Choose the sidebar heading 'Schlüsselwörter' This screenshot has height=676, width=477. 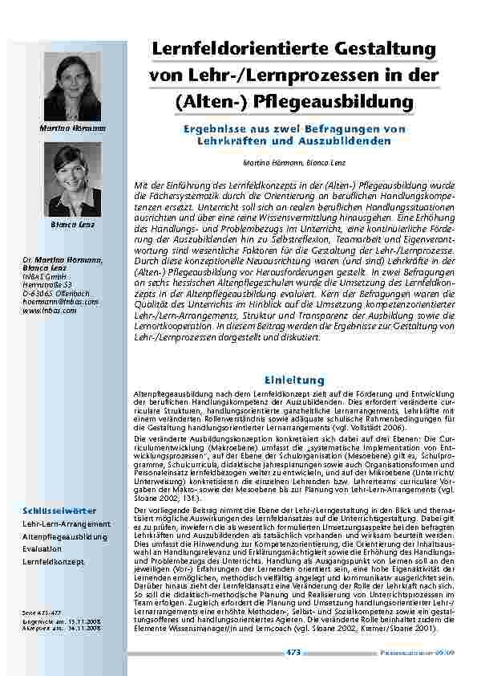pos(59,510)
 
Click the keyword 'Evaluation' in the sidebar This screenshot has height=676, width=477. pos(42,549)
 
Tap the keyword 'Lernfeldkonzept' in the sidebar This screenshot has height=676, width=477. pos(53,562)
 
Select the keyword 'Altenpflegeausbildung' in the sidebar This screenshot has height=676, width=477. pos(64,536)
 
